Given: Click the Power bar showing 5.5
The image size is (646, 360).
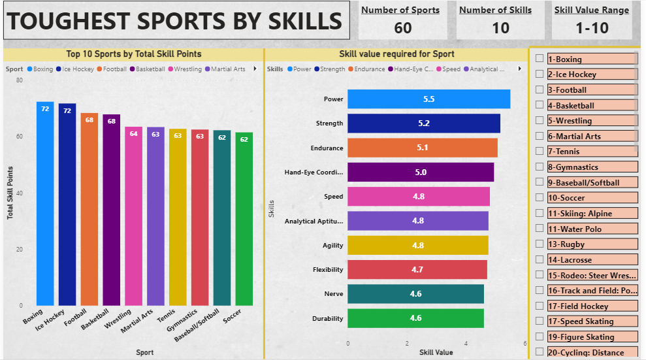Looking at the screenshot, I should tap(428, 99).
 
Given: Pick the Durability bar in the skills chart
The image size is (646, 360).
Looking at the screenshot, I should tap(415, 318).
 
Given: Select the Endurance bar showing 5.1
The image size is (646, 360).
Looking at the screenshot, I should tap(422, 148).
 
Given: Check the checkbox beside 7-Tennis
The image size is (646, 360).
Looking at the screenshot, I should tap(540, 151).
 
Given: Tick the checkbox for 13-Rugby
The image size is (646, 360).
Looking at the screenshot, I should tap(540, 244).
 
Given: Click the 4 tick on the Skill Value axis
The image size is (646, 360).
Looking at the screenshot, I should tap(466, 343).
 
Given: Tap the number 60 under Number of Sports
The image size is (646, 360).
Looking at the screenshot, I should tap(403, 27).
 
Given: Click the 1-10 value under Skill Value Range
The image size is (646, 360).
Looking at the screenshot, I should tap(592, 27).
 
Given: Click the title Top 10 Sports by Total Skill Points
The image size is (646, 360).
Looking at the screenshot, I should tap(134, 54).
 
